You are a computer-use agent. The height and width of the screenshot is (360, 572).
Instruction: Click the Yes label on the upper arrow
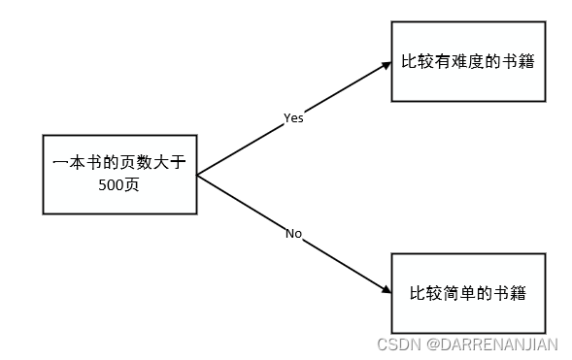pyautogui.click(x=293, y=117)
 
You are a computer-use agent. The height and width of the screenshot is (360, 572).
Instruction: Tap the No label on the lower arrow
pyautogui.click(x=293, y=233)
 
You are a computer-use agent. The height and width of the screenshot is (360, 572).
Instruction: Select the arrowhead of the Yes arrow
pyautogui.click(x=384, y=66)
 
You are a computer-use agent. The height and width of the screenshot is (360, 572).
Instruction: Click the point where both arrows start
pyautogui.click(x=198, y=176)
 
